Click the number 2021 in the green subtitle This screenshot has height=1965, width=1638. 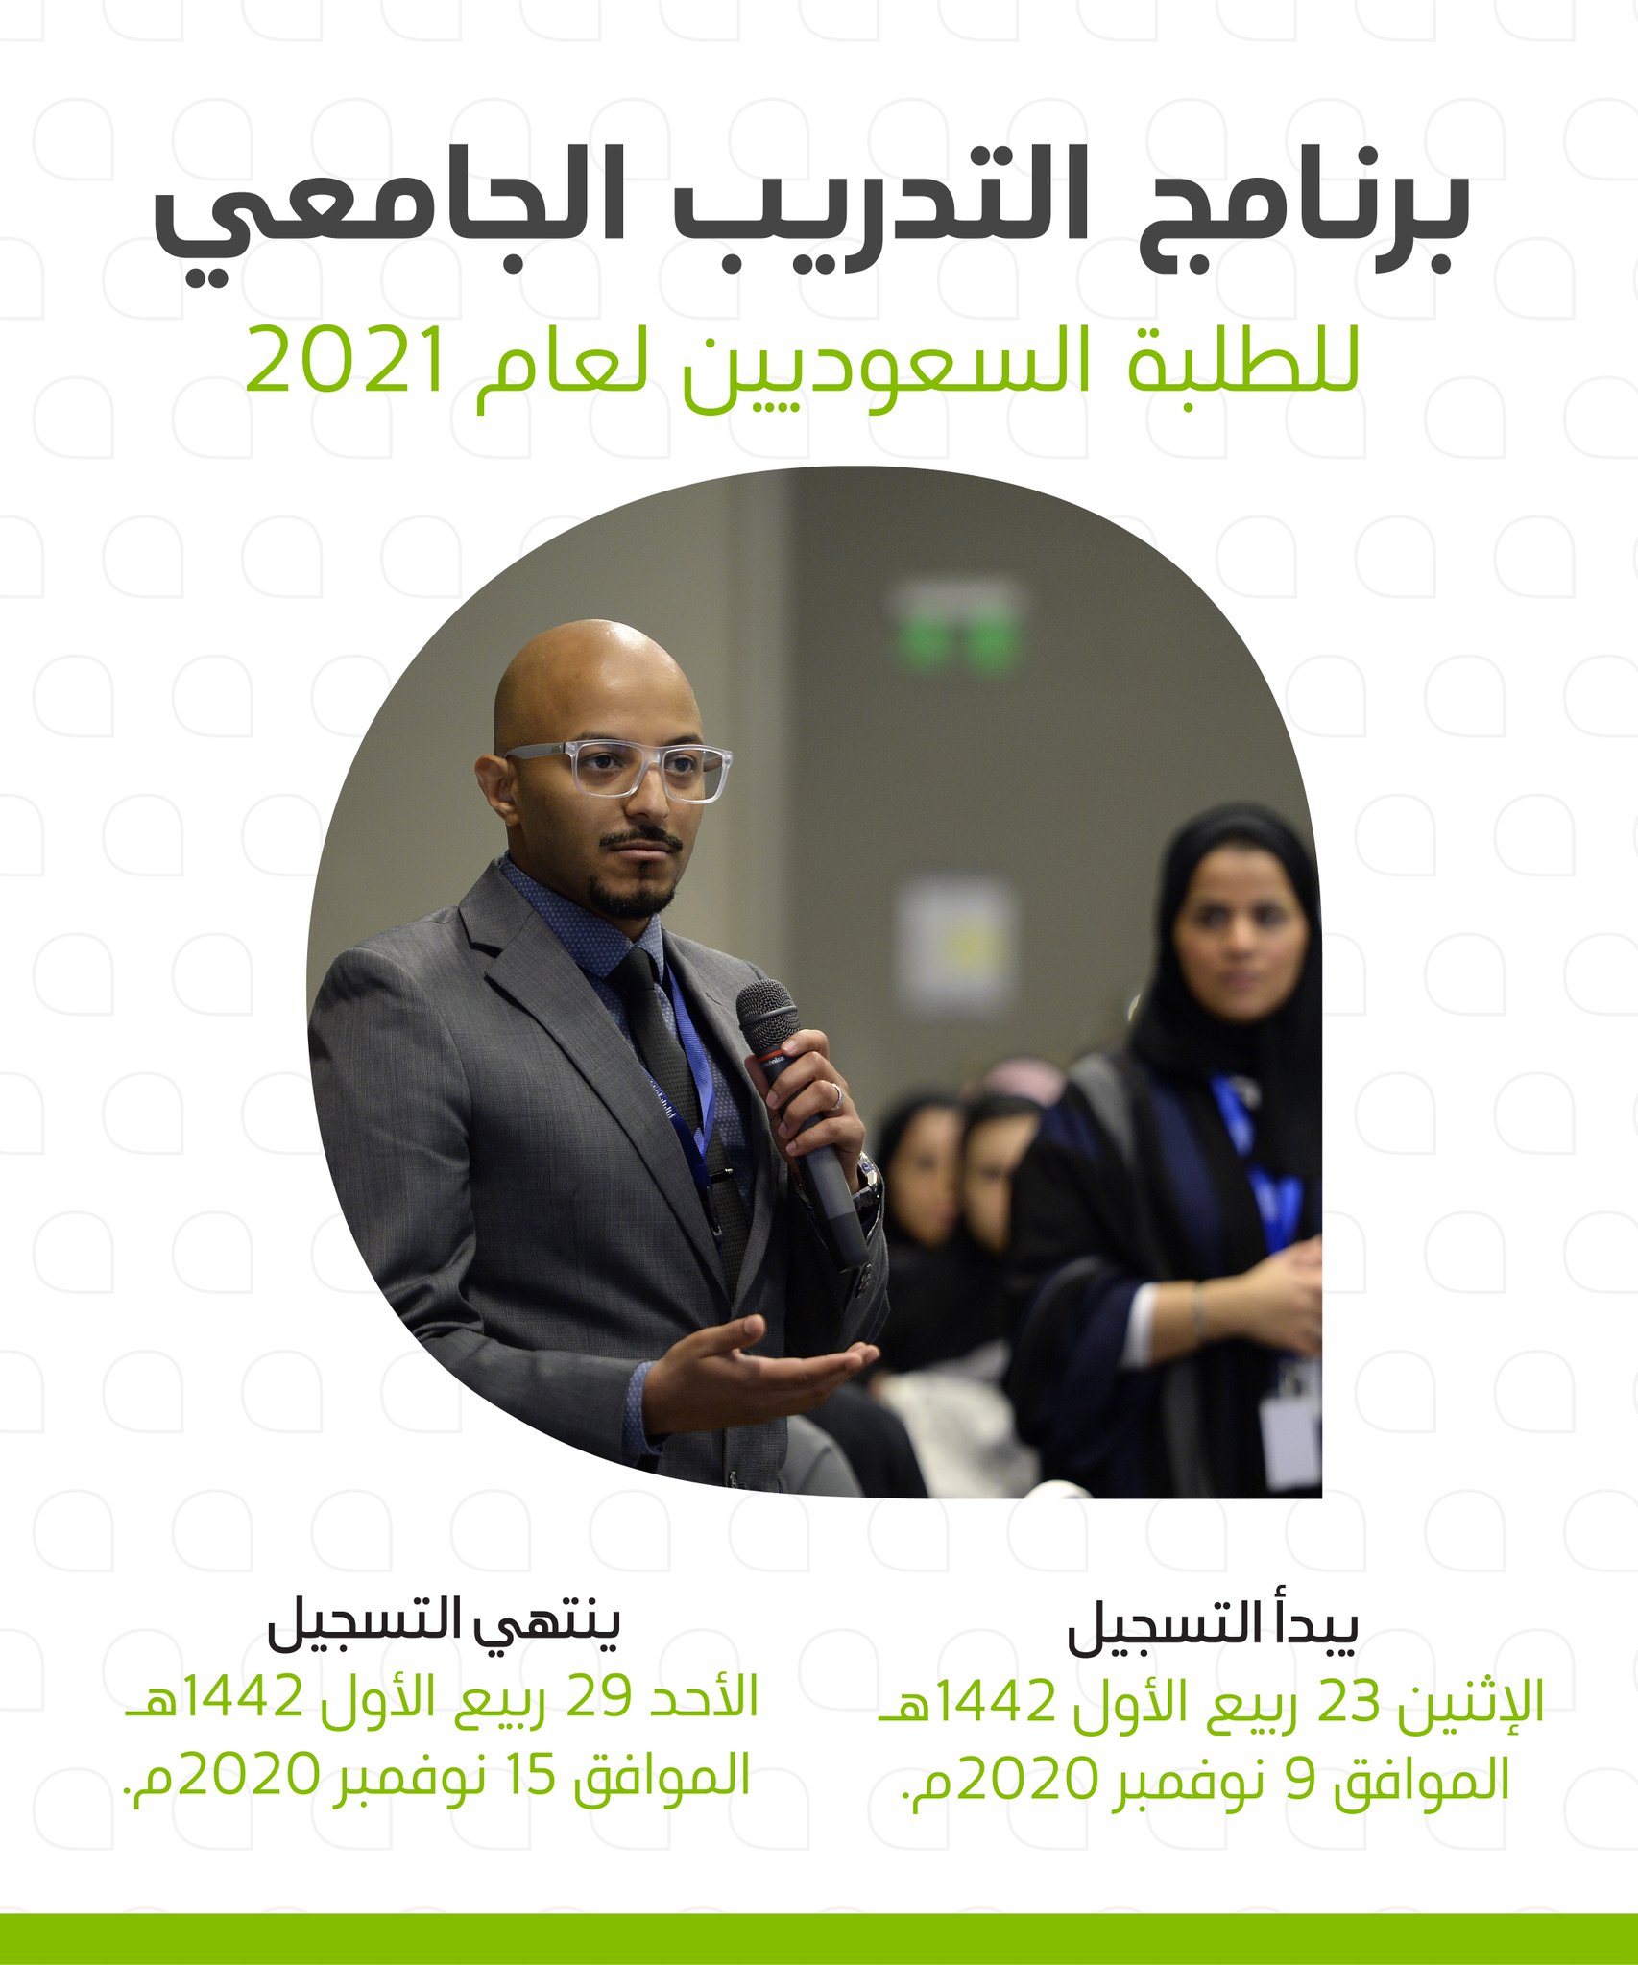click(x=346, y=361)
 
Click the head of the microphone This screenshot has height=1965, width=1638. click(x=767, y=1015)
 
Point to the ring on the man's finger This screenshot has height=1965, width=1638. click(x=835, y=1095)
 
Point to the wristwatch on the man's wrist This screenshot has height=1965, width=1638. click(x=867, y=1183)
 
